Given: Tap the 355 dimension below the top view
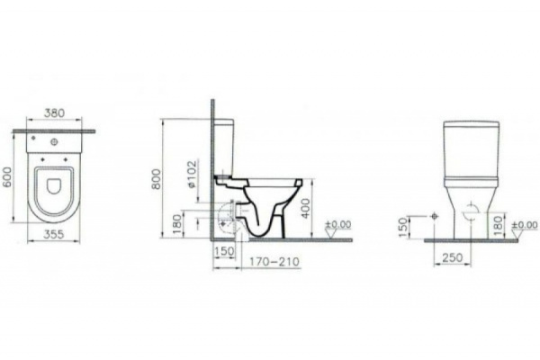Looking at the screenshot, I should pyautogui.click(x=56, y=242).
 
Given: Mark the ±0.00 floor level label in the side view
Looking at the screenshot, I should pyautogui.click(x=338, y=224).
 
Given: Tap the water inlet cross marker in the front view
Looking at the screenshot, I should pyautogui.click(x=435, y=216).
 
